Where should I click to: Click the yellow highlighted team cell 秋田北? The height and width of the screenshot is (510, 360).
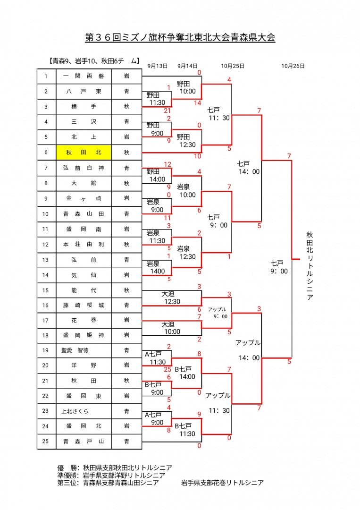(84, 153)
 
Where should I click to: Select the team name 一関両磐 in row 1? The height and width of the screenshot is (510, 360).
(84, 76)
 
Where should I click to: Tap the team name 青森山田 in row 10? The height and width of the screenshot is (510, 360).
(84, 213)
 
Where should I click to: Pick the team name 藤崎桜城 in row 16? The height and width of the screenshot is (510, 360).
(84, 306)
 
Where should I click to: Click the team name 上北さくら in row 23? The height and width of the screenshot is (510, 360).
(75, 411)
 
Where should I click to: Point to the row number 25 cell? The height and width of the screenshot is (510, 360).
(46, 442)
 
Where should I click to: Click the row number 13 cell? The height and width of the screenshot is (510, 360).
(46, 260)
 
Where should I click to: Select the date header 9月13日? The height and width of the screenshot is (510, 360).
(157, 66)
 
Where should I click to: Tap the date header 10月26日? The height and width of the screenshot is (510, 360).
(293, 66)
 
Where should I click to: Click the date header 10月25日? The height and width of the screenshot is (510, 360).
(232, 66)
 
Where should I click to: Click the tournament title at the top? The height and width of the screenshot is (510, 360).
(180, 37)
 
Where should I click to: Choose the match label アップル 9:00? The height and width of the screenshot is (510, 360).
(217, 313)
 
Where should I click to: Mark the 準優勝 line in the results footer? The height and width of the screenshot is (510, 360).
(111, 475)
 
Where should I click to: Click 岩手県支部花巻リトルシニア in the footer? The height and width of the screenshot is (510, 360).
(222, 483)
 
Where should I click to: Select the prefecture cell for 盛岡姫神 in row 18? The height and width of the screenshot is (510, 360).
(126, 335)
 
